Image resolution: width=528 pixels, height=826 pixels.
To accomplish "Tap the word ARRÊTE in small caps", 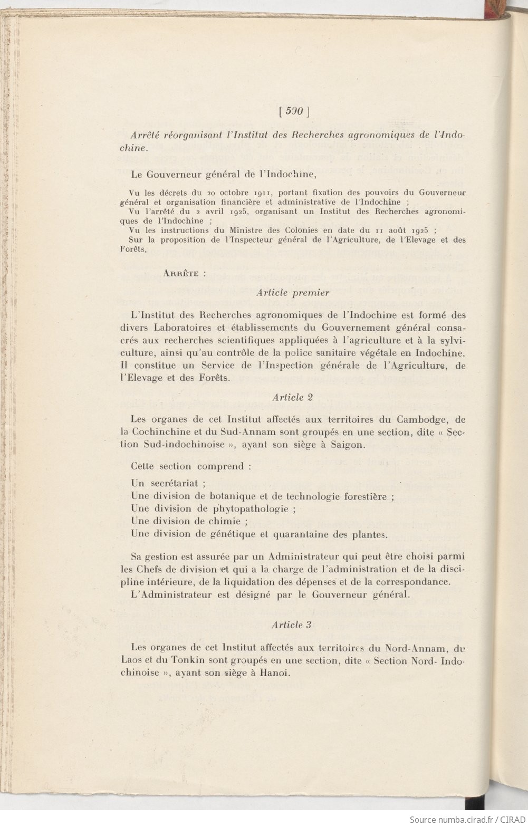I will click(x=181, y=273).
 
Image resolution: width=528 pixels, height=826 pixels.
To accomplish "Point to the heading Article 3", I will click(x=292, y=625).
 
